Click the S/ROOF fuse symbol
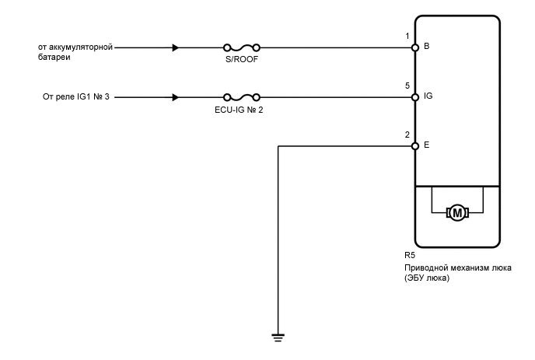click(241, 47)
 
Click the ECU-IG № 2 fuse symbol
click(241, 97)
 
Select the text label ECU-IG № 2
click(241, 110)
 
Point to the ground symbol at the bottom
click(278, 337)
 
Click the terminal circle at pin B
click(415, 47)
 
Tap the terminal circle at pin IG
click(415, 97)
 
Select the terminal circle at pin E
click(415, 145)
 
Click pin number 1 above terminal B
click(407, 37)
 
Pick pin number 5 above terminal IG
click(407, 86)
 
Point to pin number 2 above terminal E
click(407, 135)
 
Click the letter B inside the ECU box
click(426, 47)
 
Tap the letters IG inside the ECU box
click(428, 97)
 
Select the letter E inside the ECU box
click(426, 145)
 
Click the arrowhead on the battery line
click(176, 47)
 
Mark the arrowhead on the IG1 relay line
click(176, 97)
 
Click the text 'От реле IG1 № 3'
click(75, 97)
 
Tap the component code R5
click(409, 255)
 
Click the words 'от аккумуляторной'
click(75, 47)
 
